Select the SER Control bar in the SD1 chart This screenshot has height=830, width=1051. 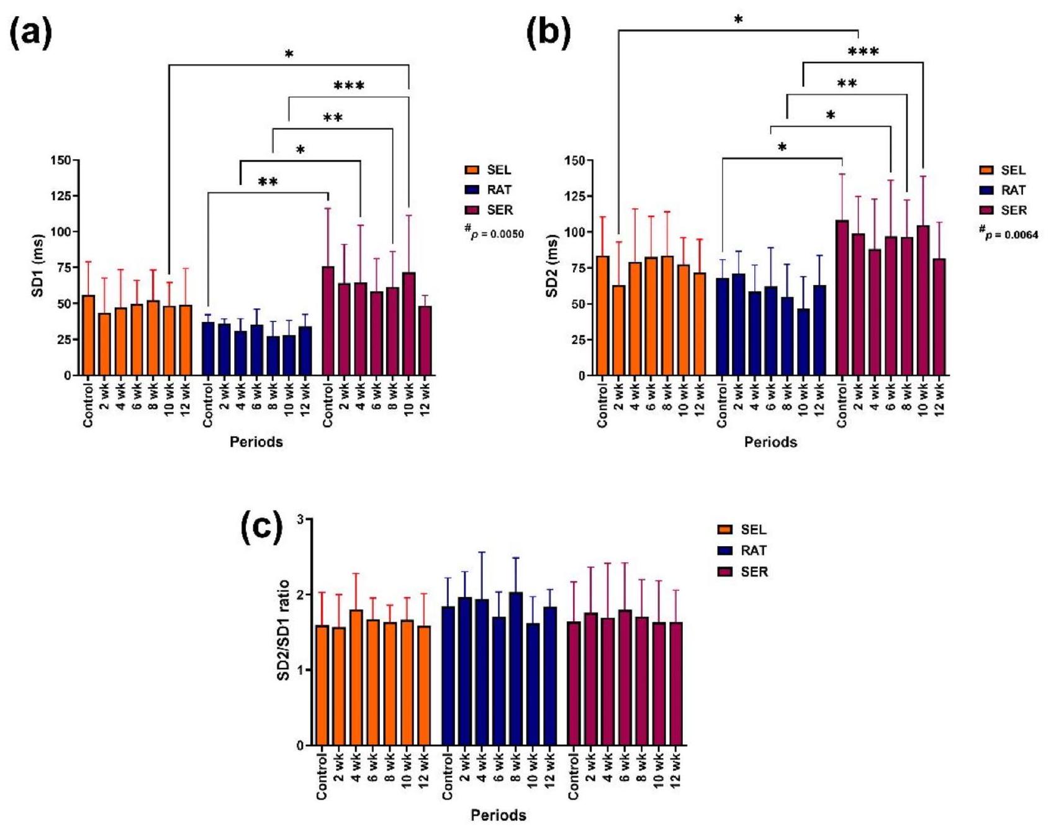pos(328,321)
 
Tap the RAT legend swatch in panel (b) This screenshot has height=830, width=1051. pos(986,190)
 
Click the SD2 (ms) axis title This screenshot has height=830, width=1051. pos(551,267)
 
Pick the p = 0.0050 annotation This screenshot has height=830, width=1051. pos(494,233)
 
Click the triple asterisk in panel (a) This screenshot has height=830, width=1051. pos(349,86)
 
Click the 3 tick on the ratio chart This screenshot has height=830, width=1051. pos(300,519)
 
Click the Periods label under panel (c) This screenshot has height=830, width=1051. pos(498,814)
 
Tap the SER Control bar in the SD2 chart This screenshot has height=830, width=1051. pos(842,298)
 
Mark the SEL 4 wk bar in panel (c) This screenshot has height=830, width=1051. pos(356,677)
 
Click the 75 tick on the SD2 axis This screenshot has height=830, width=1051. pos(579,268)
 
